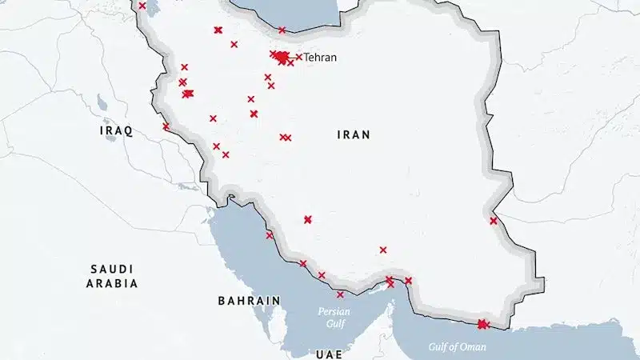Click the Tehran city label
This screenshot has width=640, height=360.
[x=320, y=58]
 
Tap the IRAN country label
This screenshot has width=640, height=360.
[x=353, y=135]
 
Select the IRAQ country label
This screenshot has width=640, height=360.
[x=116, y=130]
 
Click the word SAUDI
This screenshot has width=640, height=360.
[x=112, y=269]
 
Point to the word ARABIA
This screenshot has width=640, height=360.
[x=112, y=283]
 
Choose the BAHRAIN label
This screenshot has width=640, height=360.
[x=249, y=301]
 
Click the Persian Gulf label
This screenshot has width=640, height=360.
[x=334, y=318]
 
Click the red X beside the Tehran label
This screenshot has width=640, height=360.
[x=299, y=57]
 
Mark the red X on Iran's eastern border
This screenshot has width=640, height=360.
[x=494, y=221]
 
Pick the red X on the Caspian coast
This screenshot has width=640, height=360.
[x=282, y=30]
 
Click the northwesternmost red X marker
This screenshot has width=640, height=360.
[x=142, y=6]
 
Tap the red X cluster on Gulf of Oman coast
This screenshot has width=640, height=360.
[x=482, y=324]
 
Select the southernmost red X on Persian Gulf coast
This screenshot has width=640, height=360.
[x=340, y=294]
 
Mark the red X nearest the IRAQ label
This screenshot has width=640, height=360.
[x=166, y=126]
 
